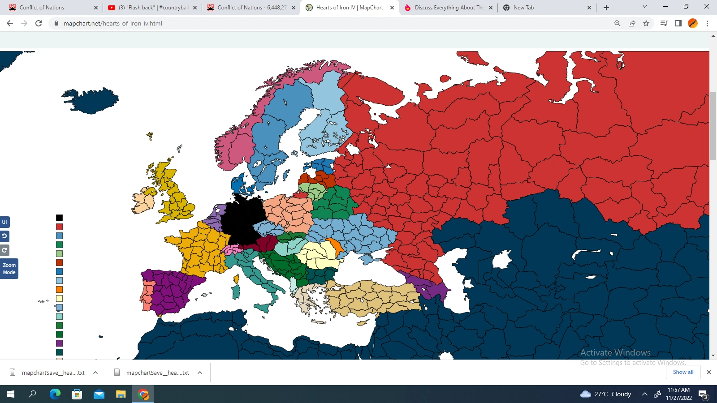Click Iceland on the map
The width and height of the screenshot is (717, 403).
click(92, 101)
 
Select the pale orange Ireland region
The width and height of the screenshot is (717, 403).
click(144, 202)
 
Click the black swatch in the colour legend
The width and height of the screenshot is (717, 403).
click(59, 218)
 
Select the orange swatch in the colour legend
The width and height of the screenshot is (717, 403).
click(59, 290)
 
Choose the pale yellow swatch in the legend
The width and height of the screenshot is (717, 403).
click(59, 299)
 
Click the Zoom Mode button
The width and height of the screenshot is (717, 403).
click(9, 269)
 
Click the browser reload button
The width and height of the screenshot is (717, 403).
click(39, 23)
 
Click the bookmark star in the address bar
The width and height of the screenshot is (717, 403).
click(646, 23)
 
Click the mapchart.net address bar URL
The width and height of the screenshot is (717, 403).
click(113, 23)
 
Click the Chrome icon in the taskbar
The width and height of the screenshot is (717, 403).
click(143, 394)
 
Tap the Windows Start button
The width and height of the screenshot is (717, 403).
click(11, 394)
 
